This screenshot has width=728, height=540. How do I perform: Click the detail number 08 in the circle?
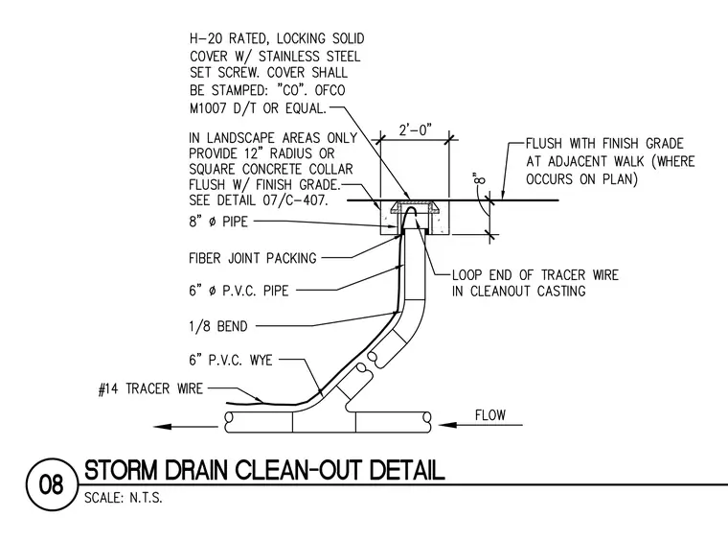coord(51,485)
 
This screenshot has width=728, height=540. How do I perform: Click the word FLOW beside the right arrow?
coord(489,414)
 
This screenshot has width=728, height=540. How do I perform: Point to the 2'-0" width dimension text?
coord(415,129)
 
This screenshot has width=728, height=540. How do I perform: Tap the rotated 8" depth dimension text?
coord(480,178)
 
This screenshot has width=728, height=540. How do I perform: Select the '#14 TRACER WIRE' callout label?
coord(150,388)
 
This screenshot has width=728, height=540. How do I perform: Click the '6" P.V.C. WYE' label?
coord(231,360)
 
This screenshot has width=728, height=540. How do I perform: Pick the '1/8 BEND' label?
coord(218,326)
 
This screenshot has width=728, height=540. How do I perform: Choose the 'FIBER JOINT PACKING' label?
coord(253,258)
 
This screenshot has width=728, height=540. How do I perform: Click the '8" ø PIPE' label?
coord(218,222)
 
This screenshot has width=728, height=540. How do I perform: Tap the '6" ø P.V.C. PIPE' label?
coord(239,291)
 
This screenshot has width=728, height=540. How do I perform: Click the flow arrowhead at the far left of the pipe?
coord(163,426)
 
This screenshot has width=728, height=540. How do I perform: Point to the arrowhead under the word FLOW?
coord(448,424)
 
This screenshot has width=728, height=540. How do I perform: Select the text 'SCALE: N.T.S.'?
coord(123,498)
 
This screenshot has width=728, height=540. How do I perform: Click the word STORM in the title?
coord(122,470)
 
